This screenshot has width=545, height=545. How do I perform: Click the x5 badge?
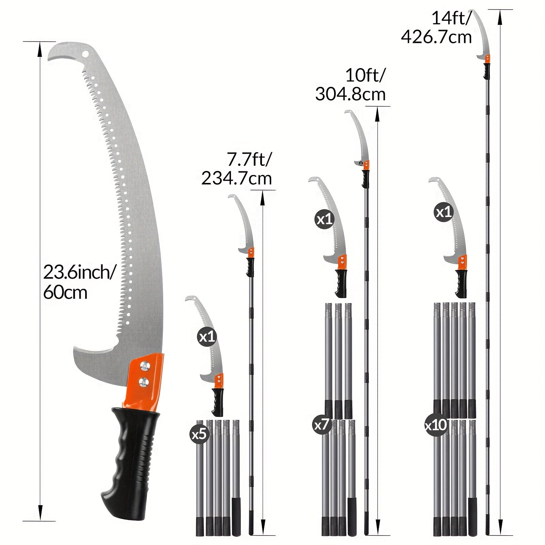click(x=199, y=434)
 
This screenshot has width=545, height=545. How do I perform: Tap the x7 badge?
click(x=322, y=424)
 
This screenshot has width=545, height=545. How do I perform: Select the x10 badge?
click(x=436, y=425)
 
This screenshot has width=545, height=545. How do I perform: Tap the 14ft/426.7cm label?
click(x=437, y=27)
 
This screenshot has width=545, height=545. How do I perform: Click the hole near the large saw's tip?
click(x=85, y=54)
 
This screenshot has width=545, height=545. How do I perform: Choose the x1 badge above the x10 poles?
click(x=443, y=212)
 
